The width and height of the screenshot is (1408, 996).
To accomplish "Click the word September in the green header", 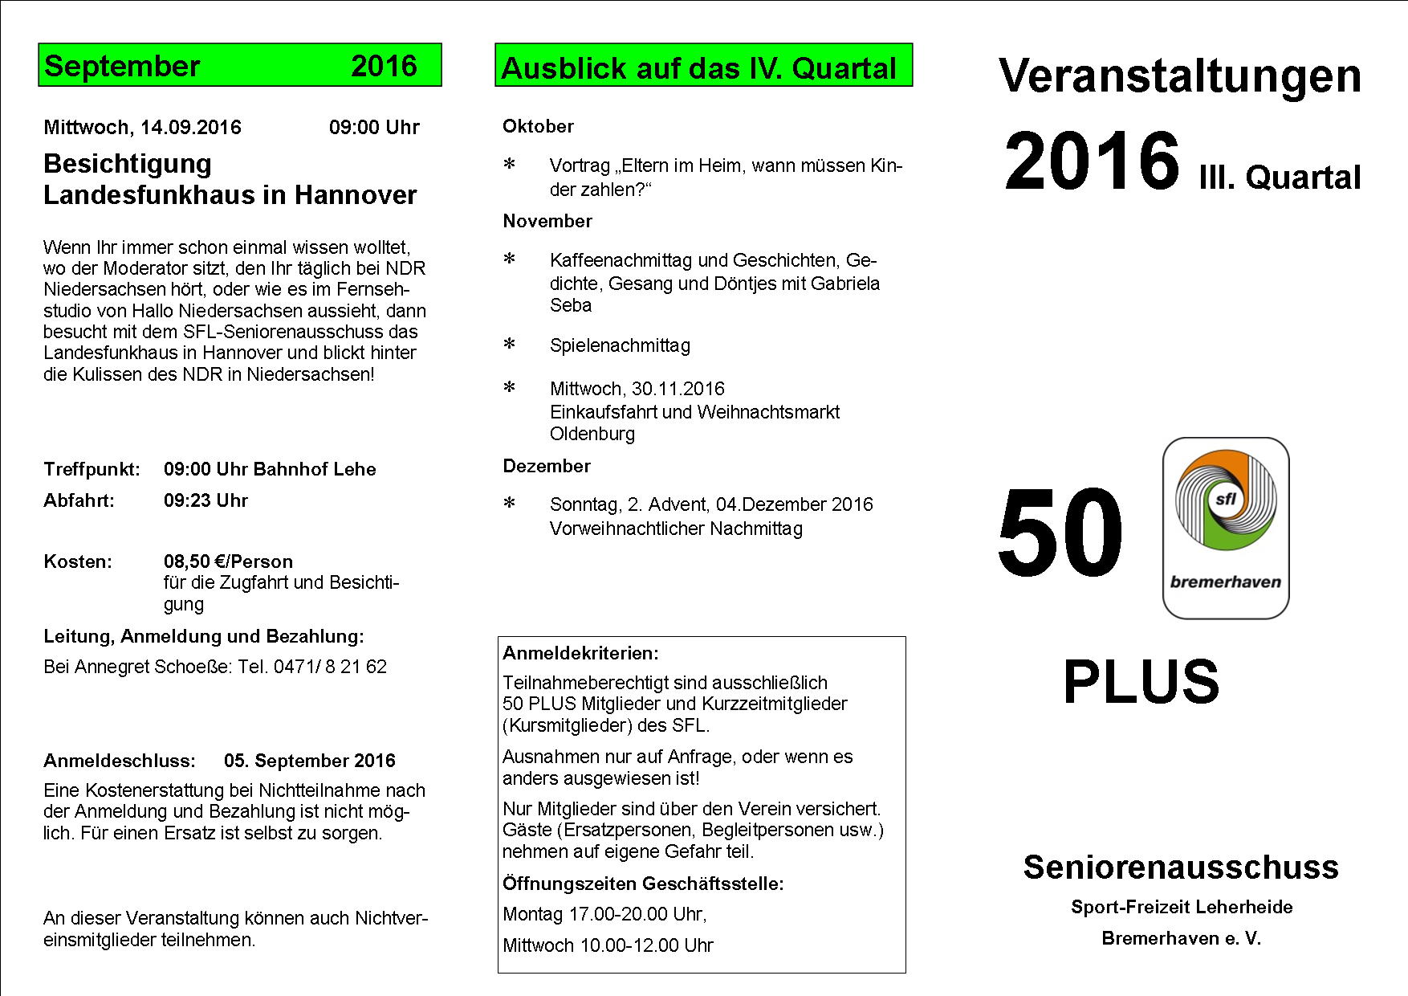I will pyautogui.click(x=122, y=66).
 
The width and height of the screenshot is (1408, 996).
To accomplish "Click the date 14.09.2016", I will pyautogui.click(x=191, y=128).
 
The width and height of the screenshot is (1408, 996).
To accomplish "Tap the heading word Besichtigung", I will pyautogui.click(x=128, y=164).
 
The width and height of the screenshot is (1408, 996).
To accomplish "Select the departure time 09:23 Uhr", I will pyautogui.click(x=206, y=500).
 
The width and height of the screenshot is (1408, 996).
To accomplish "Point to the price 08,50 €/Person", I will pyautogui.click(x=228, y=561).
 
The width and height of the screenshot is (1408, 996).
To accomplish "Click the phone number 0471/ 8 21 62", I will pyautogui.click(x=330, y=667).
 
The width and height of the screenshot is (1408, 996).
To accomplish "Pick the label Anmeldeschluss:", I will pyautogui.click(x=120, y=761).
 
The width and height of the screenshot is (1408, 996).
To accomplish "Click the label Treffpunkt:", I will pyautogui.click(x=92, y=469).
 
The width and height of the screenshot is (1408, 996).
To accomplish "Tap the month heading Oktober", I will pyautogui.click(x=538, y=126).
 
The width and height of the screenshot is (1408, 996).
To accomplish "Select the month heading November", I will pyautogui.click(x=547, y=221).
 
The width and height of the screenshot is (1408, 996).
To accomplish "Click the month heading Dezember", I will pyautogui.click(x=547, y=466).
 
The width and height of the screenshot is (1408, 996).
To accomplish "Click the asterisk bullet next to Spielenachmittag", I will pyautogui.click(x=509, y=345).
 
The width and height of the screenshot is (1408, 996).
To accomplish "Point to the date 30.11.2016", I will pyautogui.click(x=678, y=389).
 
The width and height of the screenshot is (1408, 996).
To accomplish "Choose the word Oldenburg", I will pyautogui.click(x=592, y=434).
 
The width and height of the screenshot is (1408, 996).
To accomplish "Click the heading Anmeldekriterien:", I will pyautogui.click(x=580, y=653).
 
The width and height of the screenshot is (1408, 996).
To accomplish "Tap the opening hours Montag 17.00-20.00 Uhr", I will pyautogui.click(x=604, y=914).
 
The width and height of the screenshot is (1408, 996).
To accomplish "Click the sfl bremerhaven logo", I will pyautogui.click(x=1226, y=528).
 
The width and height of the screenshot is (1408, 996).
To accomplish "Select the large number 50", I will pyautogui.click(x=1060, y=533).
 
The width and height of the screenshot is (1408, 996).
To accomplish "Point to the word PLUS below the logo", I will pyautogui.click(x=1141, y=682).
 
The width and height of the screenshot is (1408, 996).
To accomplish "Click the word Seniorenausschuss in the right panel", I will pyautogui.click(x=1181, y=867).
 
